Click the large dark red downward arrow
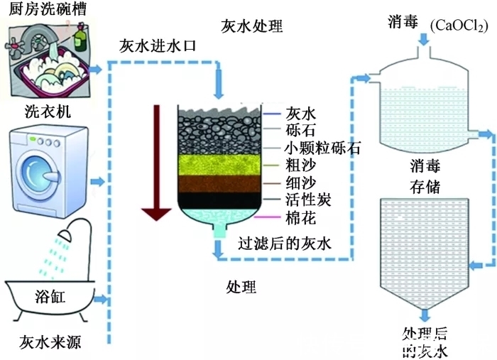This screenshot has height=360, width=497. click(155, 163)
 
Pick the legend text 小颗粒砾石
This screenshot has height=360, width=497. click(322, 148)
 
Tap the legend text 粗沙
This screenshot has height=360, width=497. click(300, 165)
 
